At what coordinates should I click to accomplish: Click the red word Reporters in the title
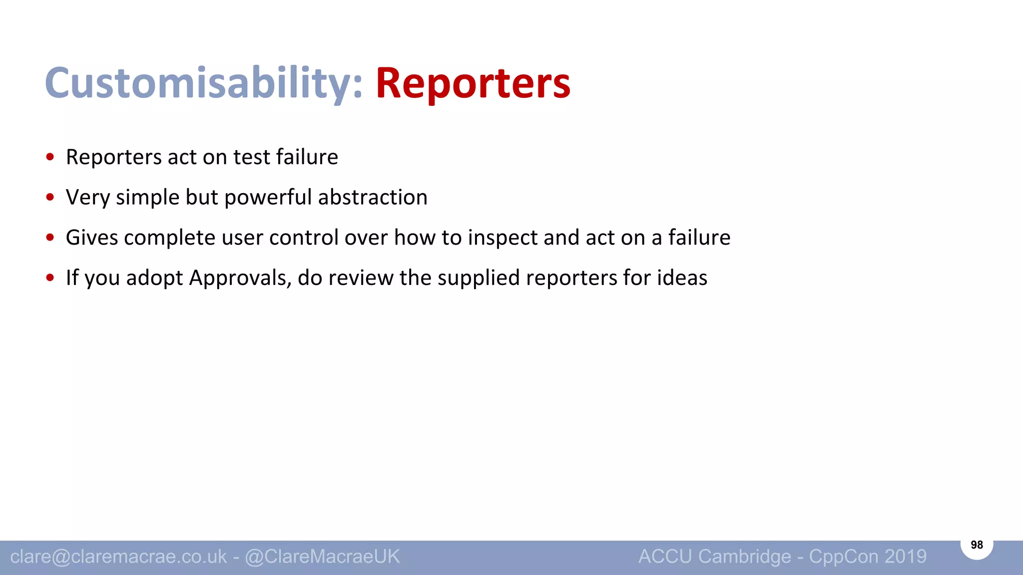[x=473, y=84]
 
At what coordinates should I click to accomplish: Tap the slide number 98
[x=977, y=545]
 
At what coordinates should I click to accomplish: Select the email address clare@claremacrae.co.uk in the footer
[x=118, y=557]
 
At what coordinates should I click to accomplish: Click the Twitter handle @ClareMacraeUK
[x=322, y=557]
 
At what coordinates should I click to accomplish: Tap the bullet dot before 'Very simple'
[x=50, y=197]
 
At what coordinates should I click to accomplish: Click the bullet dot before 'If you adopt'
[x=50, y=278]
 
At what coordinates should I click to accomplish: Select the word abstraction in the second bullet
[x=373, y=197]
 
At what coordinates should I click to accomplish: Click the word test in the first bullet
[x=252, y=157]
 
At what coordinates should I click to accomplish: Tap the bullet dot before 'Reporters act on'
[x=50, y=157]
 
